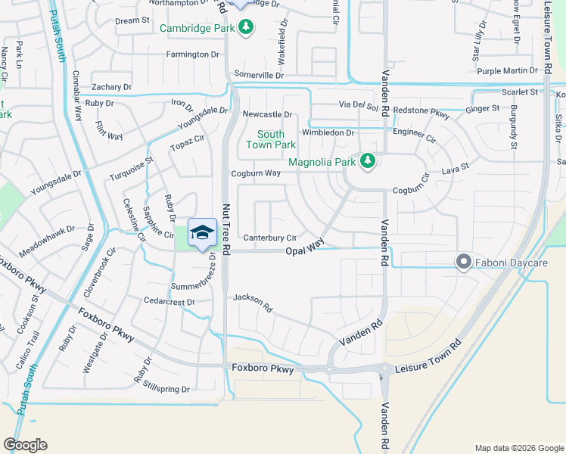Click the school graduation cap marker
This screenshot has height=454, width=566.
pos(203,233)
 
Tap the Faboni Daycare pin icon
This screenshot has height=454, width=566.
pos(464,263)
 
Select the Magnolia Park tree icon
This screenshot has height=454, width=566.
pos(368,160)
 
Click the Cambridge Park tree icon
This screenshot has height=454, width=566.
pos(245,28)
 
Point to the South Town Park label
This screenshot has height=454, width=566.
pos(271,139)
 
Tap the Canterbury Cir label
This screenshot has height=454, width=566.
pos(269,238)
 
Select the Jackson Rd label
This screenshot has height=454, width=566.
pos(253,303)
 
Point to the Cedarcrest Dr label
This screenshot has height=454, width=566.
pos(169,301)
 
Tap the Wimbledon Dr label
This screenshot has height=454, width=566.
pos(328,133)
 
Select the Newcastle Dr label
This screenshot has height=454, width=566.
pos(267,114)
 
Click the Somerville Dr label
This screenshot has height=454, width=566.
pos(259,75)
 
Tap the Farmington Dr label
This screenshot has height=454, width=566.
pos(192,54)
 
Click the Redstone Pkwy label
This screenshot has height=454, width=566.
pos(421,111)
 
